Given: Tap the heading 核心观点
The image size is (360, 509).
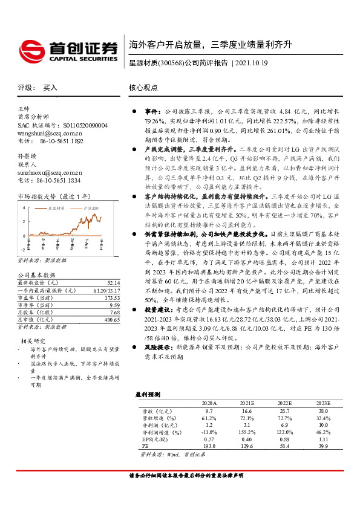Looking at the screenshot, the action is click(x=142, y=88).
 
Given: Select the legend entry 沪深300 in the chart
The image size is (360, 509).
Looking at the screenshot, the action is click(x=93, y=225).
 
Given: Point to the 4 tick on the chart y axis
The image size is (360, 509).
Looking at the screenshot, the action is click(x=24, y=223).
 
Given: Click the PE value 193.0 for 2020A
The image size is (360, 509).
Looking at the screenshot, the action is click(x=210, y=446).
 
